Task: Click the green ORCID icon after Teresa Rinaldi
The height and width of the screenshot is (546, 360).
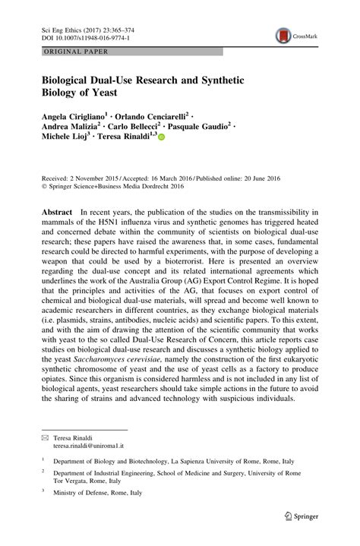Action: pyautogui.click(x=161, y=137)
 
